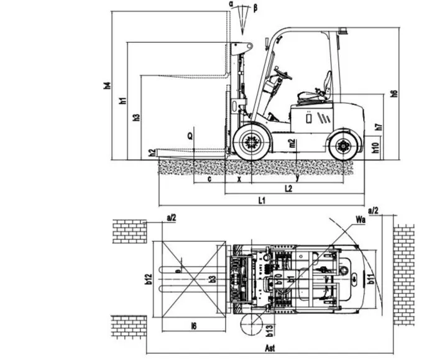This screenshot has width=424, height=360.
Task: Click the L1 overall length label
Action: [262, 200]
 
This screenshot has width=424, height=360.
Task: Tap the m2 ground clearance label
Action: [292, 144]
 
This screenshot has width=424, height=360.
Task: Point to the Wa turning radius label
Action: [359, 219]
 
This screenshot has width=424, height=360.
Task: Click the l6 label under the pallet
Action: [194, 325]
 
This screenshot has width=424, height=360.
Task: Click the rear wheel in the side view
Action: [343, 147]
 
